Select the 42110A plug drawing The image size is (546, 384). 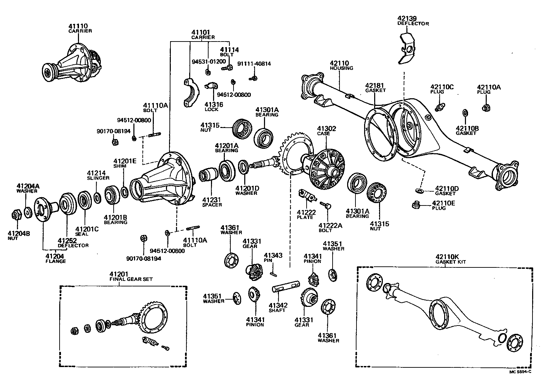[x=486, y=108]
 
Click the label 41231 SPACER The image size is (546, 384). [x=212, y=202]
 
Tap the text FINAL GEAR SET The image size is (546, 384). [x=131, y=279]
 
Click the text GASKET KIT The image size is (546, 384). [x=450, y=262]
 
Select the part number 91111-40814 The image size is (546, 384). [x=254, y=64]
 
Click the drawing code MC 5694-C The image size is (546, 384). [x=520, y=372]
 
